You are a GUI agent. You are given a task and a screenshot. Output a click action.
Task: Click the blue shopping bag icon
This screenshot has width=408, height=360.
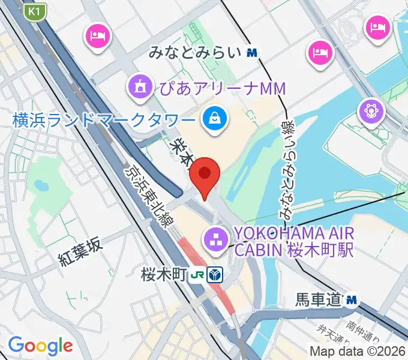[x=214, y=118]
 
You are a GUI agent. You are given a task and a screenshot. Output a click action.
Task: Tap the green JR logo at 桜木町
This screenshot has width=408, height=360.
[x=197, y=276]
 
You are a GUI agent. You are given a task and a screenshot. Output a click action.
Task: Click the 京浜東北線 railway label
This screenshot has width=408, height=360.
[x=145, y=195]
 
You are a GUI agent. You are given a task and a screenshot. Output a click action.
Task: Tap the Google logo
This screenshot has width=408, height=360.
[x=40, y=346]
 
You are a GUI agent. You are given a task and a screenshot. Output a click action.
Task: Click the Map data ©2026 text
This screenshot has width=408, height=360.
[x=358, y=351]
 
